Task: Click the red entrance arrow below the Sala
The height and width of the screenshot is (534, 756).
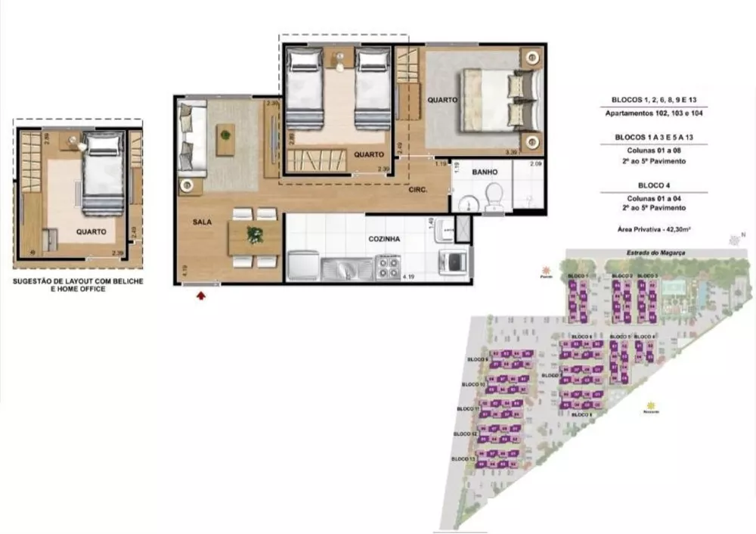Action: (201, 296)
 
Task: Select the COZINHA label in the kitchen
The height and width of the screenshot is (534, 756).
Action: (385, 239)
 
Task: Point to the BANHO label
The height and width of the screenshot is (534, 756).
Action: (484, 172)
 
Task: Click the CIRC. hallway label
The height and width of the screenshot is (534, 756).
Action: (418, 191)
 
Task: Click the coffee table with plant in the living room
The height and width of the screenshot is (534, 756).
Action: (225, 139)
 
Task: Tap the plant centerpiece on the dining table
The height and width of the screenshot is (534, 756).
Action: (255, 237)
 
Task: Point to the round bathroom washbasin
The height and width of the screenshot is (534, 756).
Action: (467, 201)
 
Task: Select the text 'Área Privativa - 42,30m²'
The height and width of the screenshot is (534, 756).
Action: (654, 227)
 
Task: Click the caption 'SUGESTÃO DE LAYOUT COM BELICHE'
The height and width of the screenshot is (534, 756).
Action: (78, 281)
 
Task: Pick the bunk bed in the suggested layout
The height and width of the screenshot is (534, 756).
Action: (102, 173)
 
